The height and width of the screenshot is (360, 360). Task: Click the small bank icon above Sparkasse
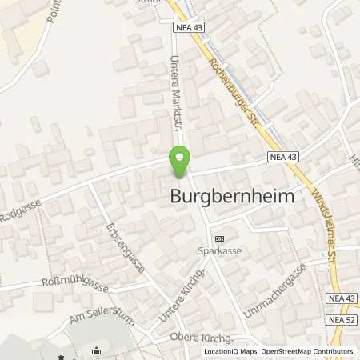(220, 238)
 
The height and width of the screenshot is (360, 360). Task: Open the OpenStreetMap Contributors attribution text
(305, 351)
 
